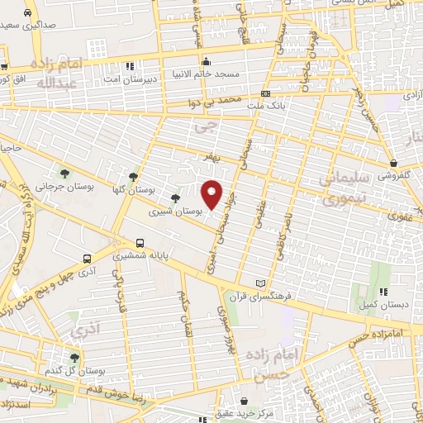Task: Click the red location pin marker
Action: (x=212, y=194)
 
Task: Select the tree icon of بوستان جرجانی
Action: (x=64, y=173)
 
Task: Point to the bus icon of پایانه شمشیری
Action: (x=140, y=244)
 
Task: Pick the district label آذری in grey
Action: (x=83, y=332)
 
